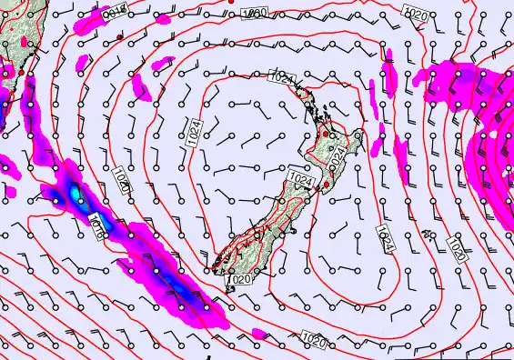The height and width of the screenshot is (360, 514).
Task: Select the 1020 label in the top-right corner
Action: coord(417,13)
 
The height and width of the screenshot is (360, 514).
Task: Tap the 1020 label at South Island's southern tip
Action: coord(241,280)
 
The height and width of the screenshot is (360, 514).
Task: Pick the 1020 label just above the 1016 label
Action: coord(123,180)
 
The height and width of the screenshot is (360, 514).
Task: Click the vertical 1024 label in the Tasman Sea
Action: coord(193,133)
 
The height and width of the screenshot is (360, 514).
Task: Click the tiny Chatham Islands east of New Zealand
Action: coord(427,234)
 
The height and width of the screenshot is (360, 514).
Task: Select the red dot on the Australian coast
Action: coord(21,71)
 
